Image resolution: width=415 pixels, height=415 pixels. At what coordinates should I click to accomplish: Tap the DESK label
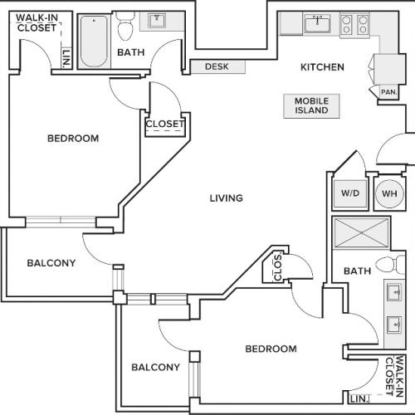[x=216, y=67]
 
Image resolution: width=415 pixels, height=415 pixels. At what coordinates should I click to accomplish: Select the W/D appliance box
[x=347, y=193]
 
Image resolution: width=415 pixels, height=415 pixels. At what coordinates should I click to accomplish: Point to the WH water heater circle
[x=388, y=193]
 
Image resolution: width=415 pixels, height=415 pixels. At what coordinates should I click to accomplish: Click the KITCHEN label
[x=322, y=66]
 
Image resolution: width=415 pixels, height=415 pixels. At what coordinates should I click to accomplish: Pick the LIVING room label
[x=226, y=198]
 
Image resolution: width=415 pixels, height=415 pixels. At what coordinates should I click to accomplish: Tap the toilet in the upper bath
[x=125, y=30]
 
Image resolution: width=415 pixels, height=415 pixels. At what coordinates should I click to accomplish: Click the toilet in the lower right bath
[x=388, y=265]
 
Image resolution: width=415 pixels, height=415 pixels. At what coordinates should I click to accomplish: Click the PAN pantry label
[x=387, y=92]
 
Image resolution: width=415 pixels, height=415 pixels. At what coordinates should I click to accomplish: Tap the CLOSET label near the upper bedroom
[x=164, y=125]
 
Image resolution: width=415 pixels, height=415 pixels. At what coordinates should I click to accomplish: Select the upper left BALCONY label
[x=51, y=263]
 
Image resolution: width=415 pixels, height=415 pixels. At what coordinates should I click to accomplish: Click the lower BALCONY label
[x=155, y=367]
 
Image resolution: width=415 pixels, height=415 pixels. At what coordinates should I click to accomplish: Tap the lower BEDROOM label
[x=271, y=349]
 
